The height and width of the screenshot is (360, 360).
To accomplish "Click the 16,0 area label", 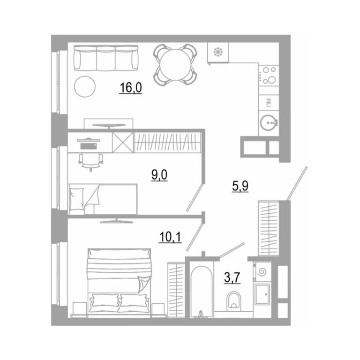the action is pos(130,88).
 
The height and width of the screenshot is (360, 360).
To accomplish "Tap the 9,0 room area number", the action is pos(159,175).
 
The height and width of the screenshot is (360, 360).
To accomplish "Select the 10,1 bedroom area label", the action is pos(170,237).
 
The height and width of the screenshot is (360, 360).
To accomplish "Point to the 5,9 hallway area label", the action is pos(240,186).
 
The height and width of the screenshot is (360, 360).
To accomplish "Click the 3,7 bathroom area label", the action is pos(232,277).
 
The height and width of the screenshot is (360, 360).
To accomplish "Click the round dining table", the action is pos(176,65).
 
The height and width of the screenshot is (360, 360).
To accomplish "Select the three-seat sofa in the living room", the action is pos(106,58).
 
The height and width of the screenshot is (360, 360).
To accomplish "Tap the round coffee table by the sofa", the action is pos(85,86).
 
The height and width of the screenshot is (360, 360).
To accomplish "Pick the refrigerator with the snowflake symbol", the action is pos(218,52).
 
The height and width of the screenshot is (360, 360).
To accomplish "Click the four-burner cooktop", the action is pos(269,75).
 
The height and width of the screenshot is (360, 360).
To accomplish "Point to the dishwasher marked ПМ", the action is pos(269,102).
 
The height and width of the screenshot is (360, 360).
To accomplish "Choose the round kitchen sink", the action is pos(268,122).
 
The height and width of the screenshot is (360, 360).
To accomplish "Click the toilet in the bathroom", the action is pos(234,301).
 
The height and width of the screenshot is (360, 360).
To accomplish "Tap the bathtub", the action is pos(202,292).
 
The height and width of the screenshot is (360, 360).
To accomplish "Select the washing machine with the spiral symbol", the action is pos(262,271).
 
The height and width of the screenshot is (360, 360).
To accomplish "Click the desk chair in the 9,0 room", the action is pos(91,161).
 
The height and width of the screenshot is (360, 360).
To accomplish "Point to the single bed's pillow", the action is pos(77,199).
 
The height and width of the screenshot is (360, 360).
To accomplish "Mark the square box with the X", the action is pos(123,142).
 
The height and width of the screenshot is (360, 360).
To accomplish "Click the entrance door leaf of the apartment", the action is pos(297,184).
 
